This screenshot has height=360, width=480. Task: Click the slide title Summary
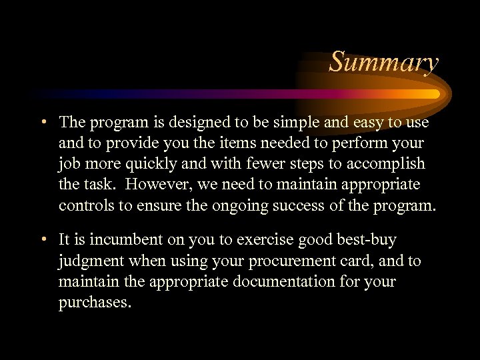384,62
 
